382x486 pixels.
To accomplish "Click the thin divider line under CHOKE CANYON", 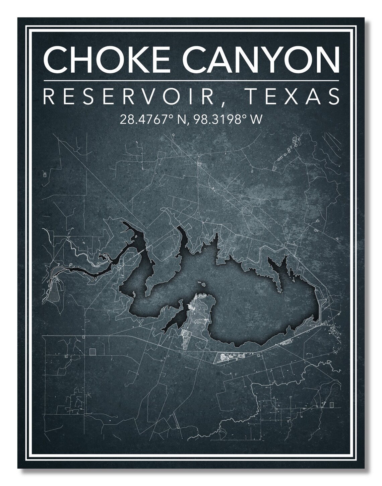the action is tap(191, 80).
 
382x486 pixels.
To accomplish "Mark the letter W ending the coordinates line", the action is tap(257, 119).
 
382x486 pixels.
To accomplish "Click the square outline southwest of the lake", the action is tap(92, 351).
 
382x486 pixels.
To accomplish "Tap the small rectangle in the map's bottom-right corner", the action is tap(331, 405).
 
